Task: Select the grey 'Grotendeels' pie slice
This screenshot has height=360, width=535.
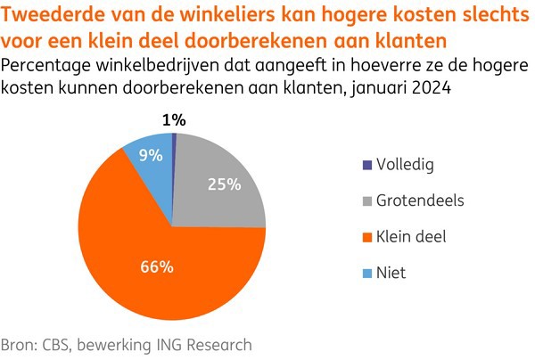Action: click(223, 192)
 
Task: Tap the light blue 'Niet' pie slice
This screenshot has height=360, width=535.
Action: click(150, 160)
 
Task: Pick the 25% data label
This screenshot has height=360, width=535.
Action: click(225, 184)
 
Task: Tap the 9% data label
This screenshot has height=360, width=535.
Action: click(150, 155)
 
